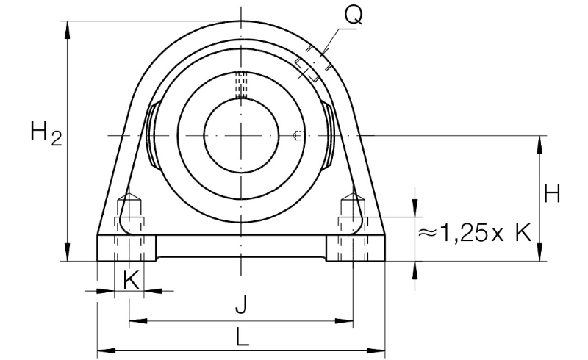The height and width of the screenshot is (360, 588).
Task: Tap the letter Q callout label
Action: pos(354,15)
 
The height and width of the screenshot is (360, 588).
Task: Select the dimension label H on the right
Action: pos(552,193)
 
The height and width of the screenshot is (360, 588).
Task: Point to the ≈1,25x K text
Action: pos(475,232)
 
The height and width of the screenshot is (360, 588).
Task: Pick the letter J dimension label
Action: pos(242,304)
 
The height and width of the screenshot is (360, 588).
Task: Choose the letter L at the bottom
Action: pos(243,336)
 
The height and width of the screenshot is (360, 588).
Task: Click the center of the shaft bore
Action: pos(242,135)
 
